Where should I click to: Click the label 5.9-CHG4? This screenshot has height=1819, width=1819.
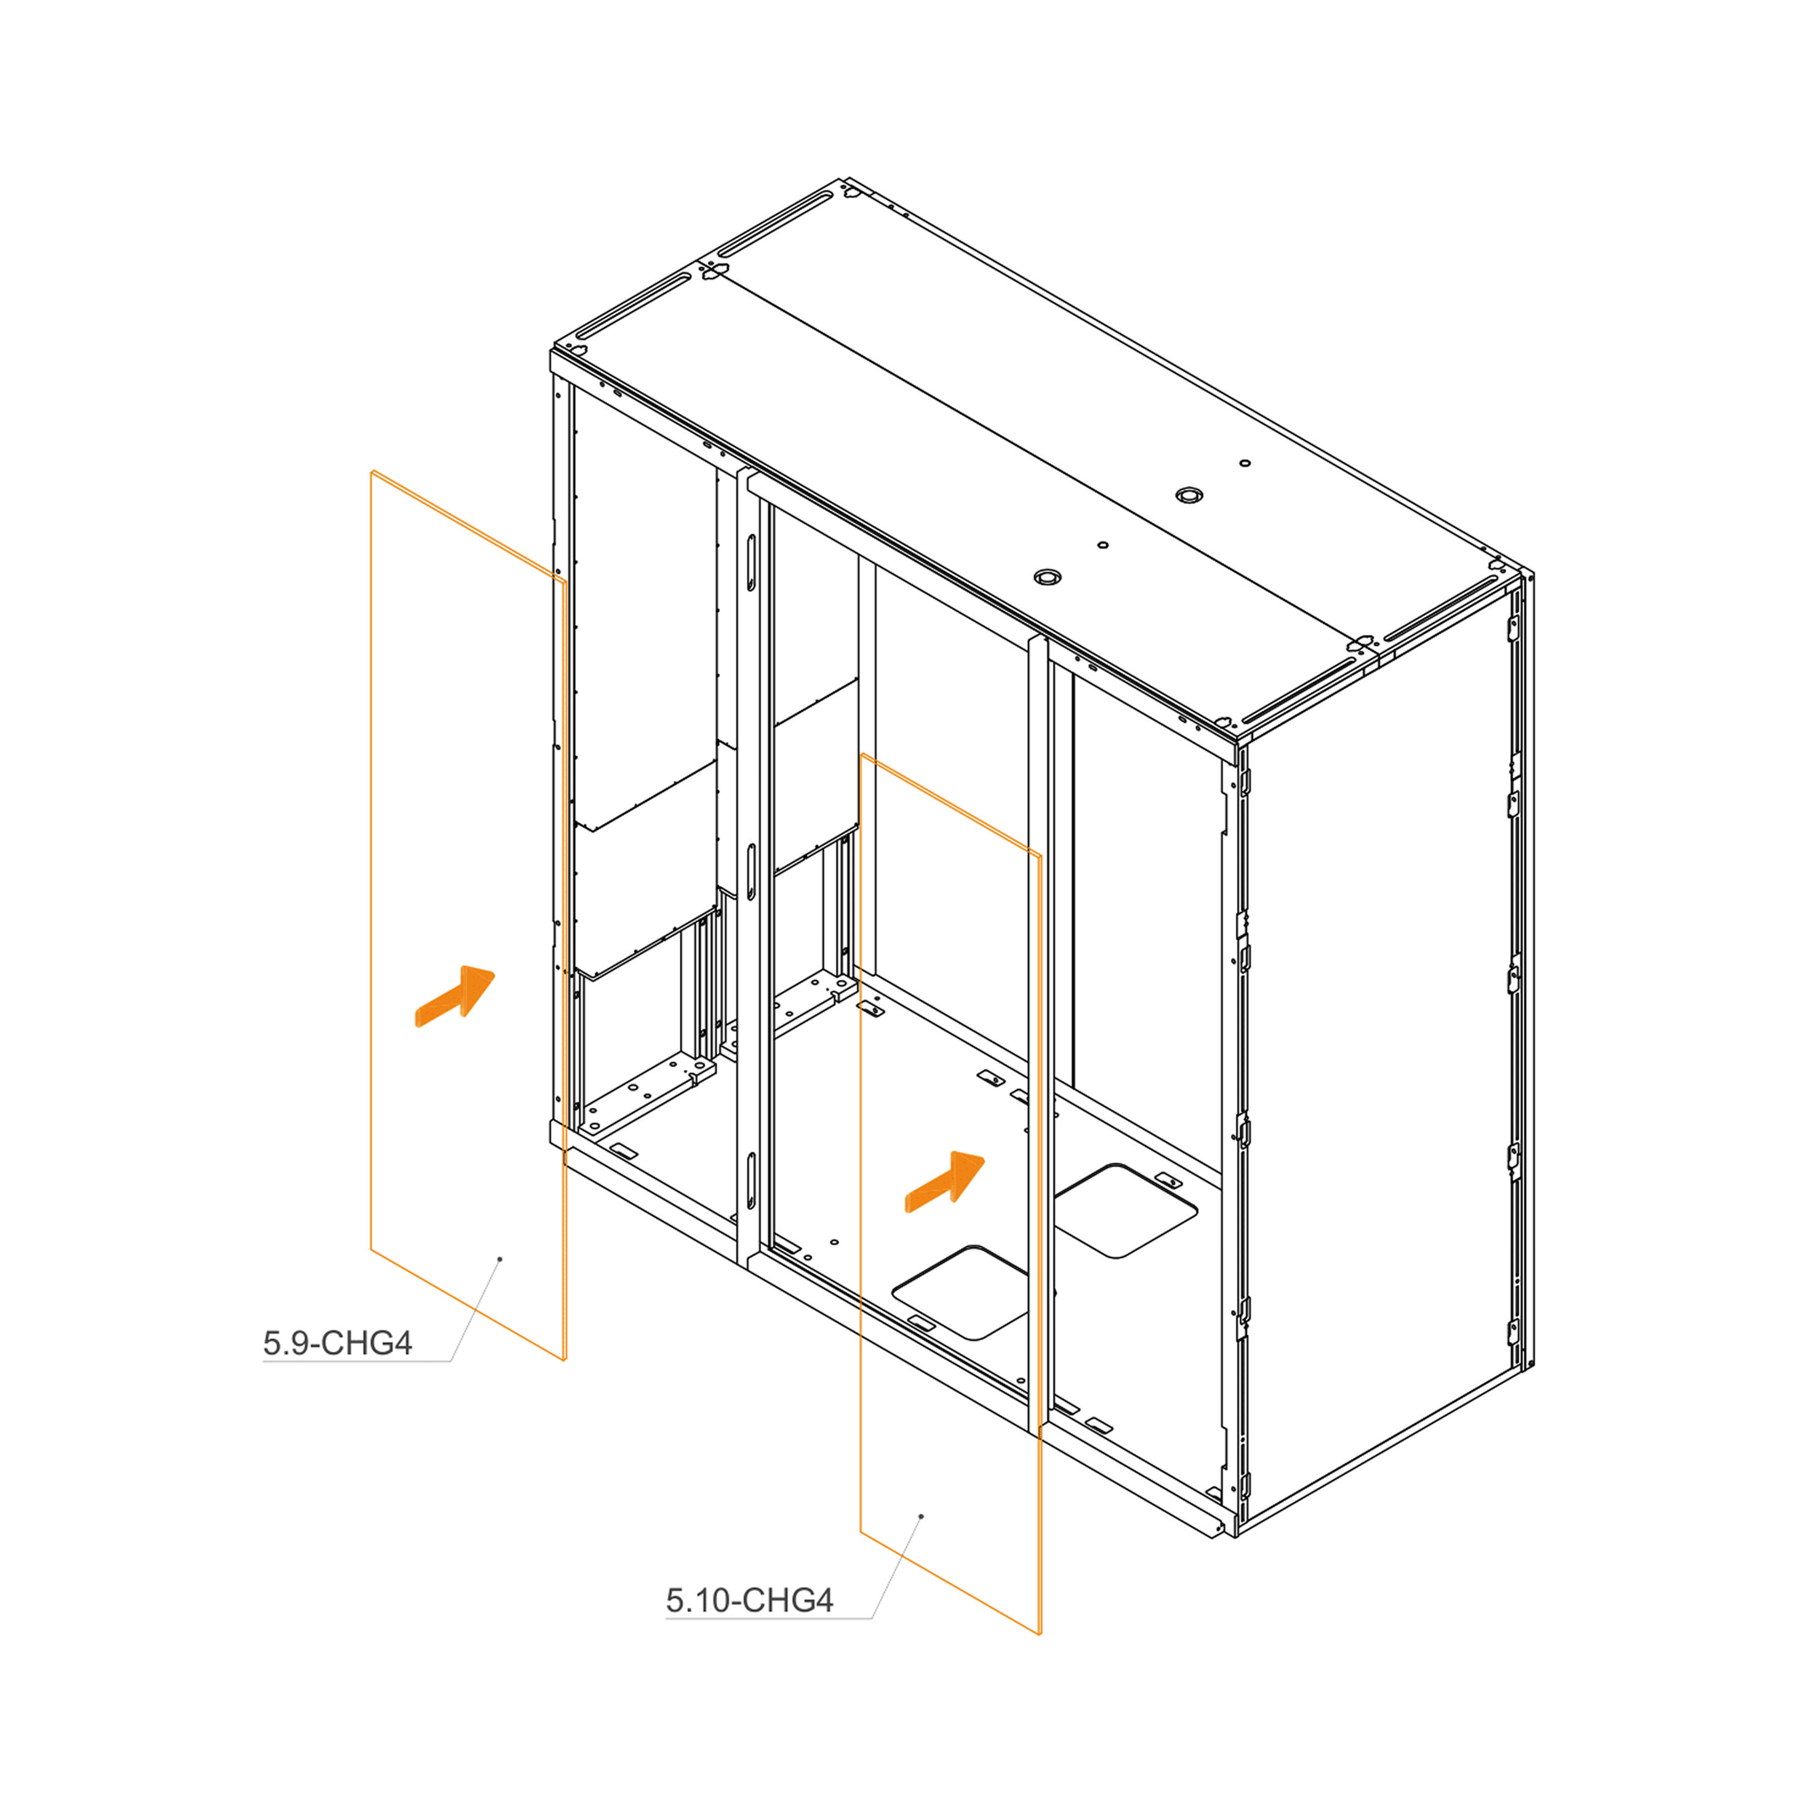pyautogui.click(x=337, y=1342)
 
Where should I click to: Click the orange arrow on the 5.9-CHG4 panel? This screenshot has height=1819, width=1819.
pyautogui.click(x=455, y=996)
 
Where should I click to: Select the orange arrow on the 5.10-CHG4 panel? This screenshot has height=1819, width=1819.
pyautogui.click(x=944, y=1183)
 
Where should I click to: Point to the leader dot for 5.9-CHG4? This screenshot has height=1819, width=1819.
pyautogui.click(x=500, y=1259)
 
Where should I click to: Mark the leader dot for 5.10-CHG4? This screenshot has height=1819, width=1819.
pyautogui.click(x=921, y=1517)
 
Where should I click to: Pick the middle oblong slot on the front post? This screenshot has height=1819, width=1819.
pyautogui.click(x=752, y=872)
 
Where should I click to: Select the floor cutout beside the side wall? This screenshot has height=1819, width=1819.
pyautogui.click(x=1125, y=1211)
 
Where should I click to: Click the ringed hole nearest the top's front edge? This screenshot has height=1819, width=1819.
pyautogui.click(x=1046, y=576)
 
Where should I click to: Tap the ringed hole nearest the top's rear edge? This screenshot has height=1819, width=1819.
pyautogui.click(x=1189, y=494)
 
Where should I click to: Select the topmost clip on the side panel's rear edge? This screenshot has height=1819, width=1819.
pyautogui.click(x=1514, y=627)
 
